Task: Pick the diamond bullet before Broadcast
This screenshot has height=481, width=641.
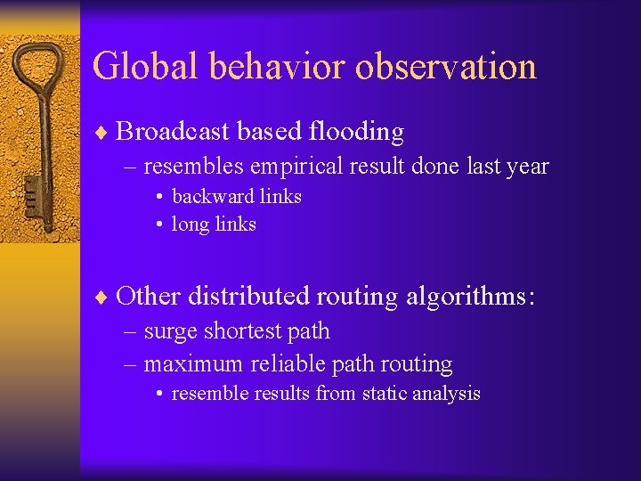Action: point(102,133)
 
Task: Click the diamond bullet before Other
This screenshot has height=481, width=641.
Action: point(102,297)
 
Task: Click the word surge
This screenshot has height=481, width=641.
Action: point(171,331)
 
